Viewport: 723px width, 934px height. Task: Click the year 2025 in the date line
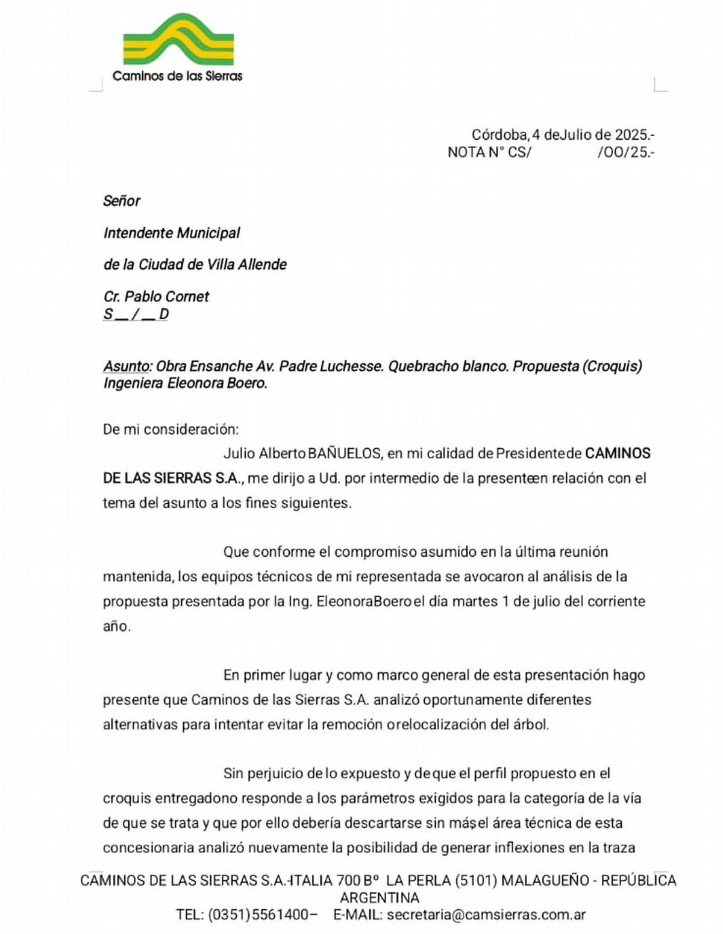[x=631, y=134]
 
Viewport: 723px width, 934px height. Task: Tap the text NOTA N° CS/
[x=489, y=152]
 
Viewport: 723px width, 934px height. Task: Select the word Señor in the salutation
[x=122, y=201]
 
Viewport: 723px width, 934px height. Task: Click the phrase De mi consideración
[x=171, y=429]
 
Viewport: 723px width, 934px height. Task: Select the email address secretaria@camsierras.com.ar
[x=486, y=914]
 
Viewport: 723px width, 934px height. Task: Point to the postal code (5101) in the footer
[x=476, y=880]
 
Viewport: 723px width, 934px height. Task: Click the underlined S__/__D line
[x=136, y=314]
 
